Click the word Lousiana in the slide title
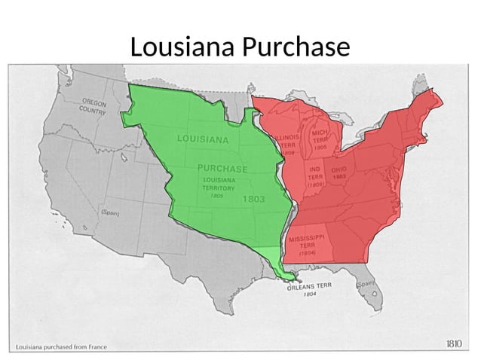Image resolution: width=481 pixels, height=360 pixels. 183,47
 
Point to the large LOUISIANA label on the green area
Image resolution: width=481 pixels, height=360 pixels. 203,139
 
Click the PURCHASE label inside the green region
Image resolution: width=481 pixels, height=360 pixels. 222,167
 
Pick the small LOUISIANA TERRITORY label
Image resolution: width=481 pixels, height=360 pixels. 217,184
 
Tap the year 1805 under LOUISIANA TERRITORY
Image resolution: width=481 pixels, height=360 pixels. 216,196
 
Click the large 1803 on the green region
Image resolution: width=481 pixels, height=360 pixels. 253,200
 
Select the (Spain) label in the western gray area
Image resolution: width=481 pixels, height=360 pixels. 109,213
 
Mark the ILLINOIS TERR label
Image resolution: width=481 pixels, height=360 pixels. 286,142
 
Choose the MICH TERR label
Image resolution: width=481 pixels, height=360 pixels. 320,137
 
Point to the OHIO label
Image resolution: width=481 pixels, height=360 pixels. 339,169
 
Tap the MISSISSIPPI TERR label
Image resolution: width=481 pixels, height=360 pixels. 307,242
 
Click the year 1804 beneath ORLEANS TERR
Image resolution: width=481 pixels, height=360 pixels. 310,294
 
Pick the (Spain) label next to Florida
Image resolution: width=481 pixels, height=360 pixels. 366,284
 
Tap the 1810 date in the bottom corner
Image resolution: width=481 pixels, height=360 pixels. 453,344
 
